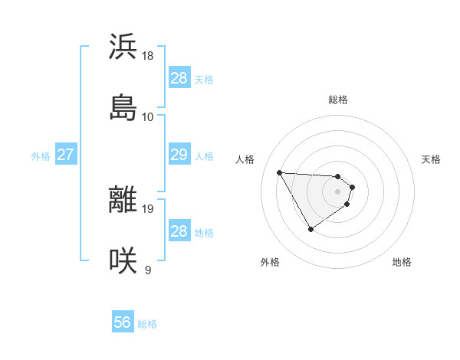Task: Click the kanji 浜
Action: tap(123, 47)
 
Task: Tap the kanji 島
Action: tap(123, 106)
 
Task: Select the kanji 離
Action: tap(123, 200)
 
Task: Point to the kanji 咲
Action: tap(123, 260)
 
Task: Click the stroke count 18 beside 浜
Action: tap(148, 56)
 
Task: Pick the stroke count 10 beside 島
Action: tap(148, 116)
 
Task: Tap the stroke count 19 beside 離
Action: tap(148, 209)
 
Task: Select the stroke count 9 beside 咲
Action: tap(148, 270)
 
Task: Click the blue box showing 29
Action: tap(179, 155)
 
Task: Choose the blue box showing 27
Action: tap(65, 155)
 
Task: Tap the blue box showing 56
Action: tap(123, 323)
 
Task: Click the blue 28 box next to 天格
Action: tap(179, 78)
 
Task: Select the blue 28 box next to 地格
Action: tap(179, 231)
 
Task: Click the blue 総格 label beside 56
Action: tap(147, 324)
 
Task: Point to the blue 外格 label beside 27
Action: tap(41, 156)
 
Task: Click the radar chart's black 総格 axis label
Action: tap(338, 100)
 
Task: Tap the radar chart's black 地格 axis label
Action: tap(402, 262)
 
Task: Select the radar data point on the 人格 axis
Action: tap(280, 172)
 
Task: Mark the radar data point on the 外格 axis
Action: tap(310, 229)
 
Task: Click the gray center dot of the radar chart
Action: tap(338, 191)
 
